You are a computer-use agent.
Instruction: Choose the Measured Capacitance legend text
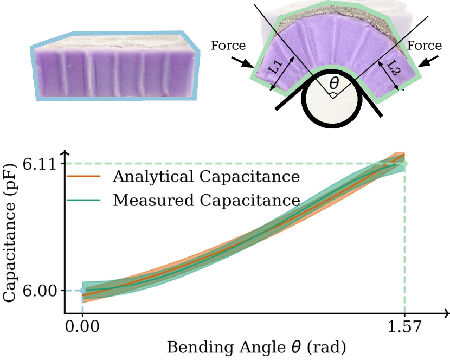pos(206,200)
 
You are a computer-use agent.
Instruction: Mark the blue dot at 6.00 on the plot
pos(82,291)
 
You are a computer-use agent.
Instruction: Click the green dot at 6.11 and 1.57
pos(404,163)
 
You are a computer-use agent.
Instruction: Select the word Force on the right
pos(424,46)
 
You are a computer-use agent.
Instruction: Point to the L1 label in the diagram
pos(277,68)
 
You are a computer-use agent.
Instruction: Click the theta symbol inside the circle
pos(334,83)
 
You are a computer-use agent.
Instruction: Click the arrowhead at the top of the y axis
pos(65,155)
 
